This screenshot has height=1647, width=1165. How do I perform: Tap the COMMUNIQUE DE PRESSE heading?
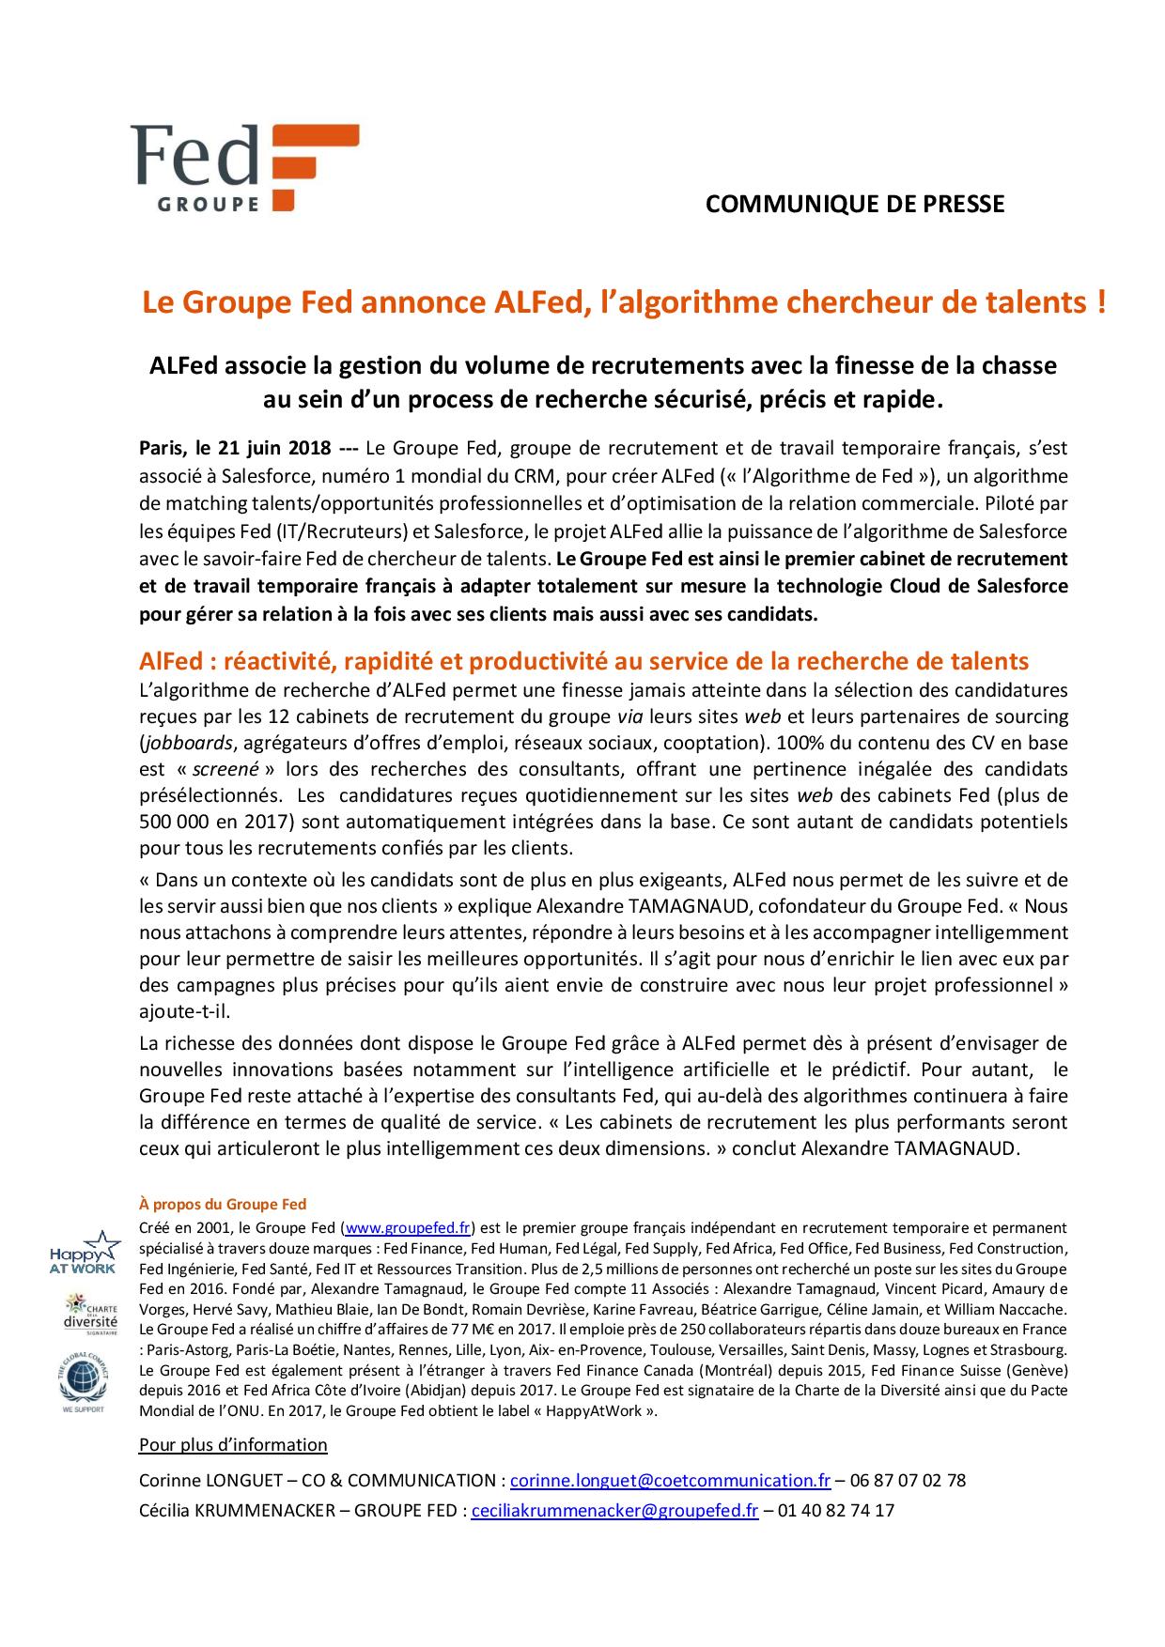[854, 204]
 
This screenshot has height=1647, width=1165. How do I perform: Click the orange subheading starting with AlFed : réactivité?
[583, 660]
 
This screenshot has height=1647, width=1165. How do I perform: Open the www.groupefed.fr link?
[408, 1227]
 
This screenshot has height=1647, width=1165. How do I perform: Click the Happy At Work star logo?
[85, 1252]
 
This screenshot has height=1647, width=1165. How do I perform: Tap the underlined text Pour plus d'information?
[233, 1444]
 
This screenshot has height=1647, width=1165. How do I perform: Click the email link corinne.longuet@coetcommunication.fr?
[670, 1480]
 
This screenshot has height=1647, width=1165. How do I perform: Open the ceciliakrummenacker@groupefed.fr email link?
[614, 1510]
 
